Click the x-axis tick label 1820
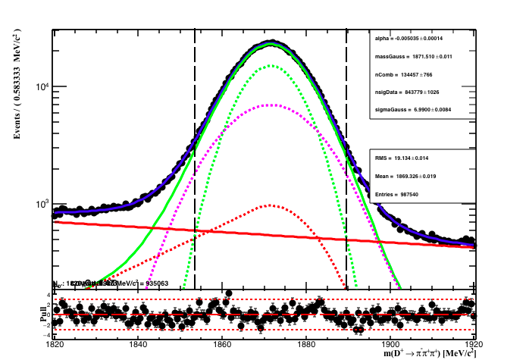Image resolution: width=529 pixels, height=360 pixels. click(54, 343)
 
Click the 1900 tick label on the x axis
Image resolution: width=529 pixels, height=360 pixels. click(390, 343)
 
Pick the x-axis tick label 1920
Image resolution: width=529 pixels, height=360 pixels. click(474, 343)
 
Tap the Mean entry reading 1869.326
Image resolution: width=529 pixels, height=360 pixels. click(419, 177)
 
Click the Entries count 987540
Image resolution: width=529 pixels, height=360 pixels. click(416, 195)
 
